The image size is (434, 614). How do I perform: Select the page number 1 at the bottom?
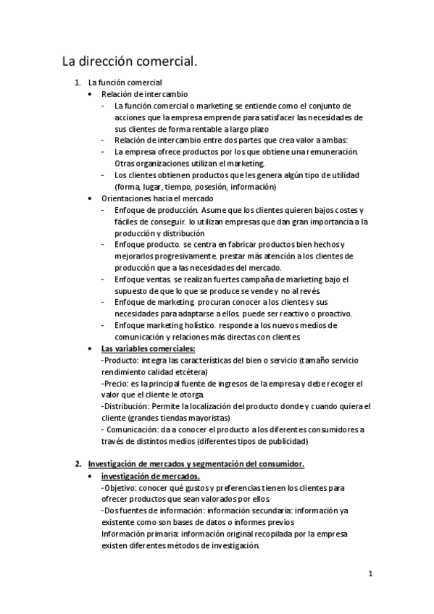370,575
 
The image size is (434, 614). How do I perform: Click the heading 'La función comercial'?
125,83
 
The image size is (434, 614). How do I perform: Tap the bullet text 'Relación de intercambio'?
145,94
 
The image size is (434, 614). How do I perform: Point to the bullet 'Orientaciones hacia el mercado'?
157,198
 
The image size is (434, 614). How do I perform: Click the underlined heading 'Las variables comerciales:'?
149,349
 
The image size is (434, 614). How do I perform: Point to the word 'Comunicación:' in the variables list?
133,430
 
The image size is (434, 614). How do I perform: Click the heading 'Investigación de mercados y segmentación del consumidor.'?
196,463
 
